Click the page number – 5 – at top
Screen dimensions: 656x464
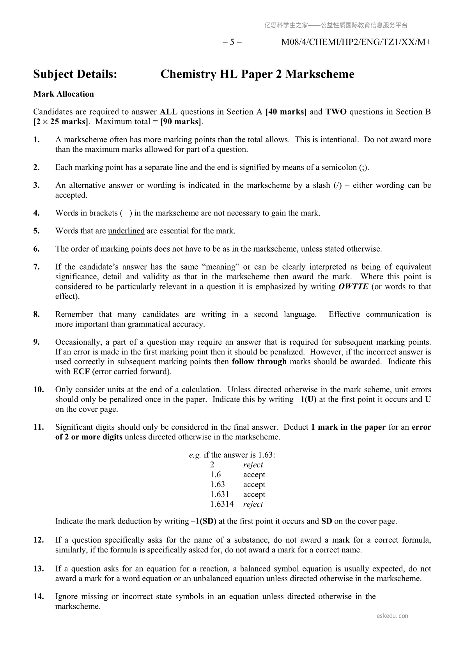click(x=232, y=42)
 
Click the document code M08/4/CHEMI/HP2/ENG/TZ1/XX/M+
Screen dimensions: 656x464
click(x=356, y=42)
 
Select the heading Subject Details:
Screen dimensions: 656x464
click(x=75, y=74)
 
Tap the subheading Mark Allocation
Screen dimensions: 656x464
click(x=64, y=94)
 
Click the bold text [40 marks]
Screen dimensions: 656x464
click(x=286, y=112)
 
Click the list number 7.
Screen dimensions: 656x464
click(x=36, y=267)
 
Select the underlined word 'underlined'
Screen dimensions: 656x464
click(x=126, y=231)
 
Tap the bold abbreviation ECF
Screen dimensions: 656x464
click(x=81, y=372)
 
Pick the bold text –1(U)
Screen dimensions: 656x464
click(x=306, y=399)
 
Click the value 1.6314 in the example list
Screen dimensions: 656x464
click(x=222, y=504)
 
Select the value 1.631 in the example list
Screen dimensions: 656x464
click(x=220, y=494)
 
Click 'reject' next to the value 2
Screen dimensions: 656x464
click(x=253, y=465)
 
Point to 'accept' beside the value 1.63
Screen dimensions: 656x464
click(x=254, y=485)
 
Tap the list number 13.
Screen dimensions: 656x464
click(x=38, y=569)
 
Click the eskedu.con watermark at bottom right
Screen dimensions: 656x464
click(x=393, y=616)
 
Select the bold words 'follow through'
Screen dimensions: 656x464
click(x=259, y=362)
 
